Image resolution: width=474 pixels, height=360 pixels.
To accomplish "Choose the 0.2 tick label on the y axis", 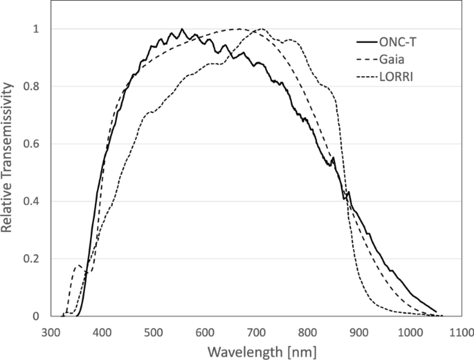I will pyautogui.click(x=32, y=259).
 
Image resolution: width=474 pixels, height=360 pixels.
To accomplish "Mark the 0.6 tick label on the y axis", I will pyautogui.click(x=32, y=144).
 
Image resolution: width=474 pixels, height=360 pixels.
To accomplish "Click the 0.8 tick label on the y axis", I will pyautogui.click(x=32, y=87).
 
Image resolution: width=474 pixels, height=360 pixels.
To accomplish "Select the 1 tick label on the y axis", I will pyautogui.click(x=37, y=29).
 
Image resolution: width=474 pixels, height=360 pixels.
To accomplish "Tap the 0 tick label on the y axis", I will pyautogui.click(x=37, y=316).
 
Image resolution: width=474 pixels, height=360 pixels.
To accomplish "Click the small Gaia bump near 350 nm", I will pyautogui.click(x=78, y=265).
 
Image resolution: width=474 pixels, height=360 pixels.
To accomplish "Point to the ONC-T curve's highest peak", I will pyautogui.click(x=182, y=29).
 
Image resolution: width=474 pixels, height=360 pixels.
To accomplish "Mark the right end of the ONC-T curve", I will pyautogui.click(x=436, y=312).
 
